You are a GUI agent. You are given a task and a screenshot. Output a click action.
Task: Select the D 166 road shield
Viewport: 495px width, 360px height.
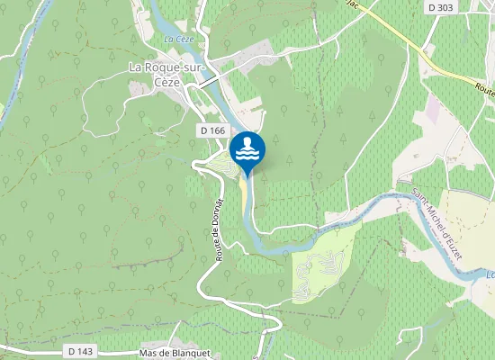point(212,130)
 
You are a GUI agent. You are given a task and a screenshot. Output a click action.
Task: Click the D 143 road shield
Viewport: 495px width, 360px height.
point(81,350)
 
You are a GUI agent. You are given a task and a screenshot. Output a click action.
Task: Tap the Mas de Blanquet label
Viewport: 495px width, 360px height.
point(175,353)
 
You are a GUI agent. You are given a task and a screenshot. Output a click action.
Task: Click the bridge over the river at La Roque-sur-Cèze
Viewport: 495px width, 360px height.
point(208,82)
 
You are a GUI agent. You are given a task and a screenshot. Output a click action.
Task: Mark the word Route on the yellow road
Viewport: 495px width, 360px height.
point(483,89)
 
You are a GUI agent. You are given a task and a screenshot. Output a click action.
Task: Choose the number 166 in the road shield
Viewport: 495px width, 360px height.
point(217,130)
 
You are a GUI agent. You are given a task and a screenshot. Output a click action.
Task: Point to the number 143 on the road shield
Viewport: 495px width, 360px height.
point(85,350)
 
